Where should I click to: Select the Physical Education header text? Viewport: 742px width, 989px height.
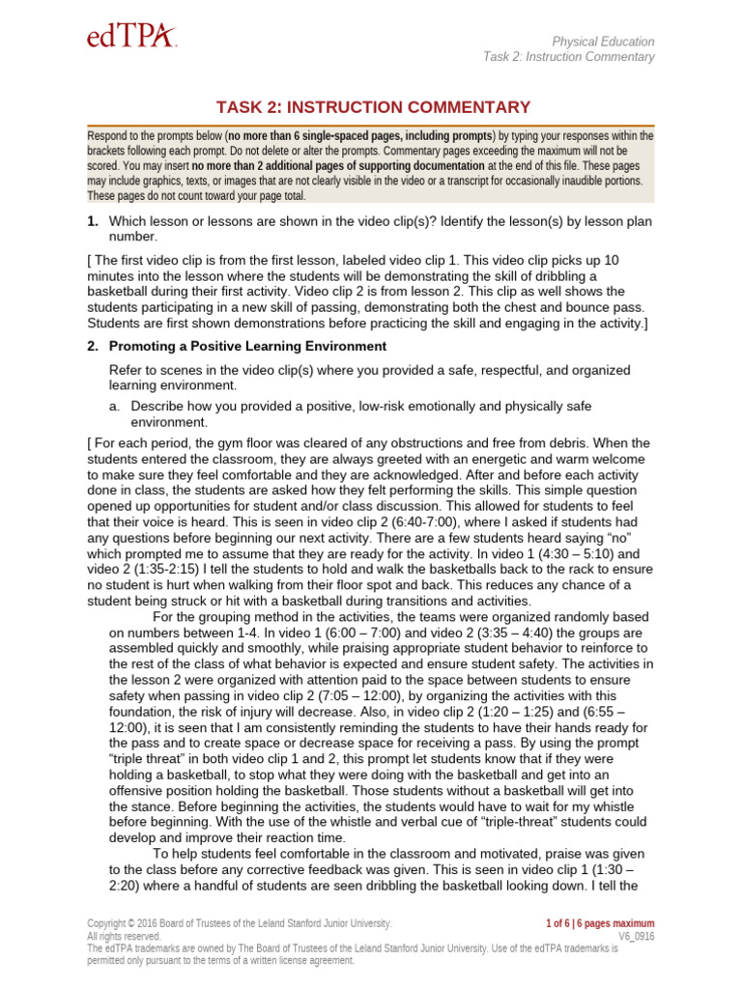coord(602,42)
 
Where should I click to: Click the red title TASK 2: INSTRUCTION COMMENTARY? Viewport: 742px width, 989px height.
coord(370,107)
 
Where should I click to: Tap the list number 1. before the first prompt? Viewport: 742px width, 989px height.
coord(93,221)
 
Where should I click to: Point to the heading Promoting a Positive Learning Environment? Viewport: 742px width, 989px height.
coord(247,346)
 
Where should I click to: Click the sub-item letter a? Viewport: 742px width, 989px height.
coord(115,406)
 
